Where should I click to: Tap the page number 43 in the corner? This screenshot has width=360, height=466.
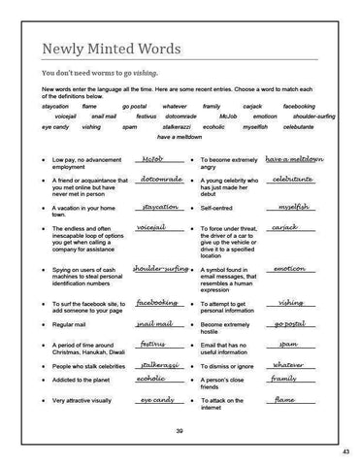pos(345,452)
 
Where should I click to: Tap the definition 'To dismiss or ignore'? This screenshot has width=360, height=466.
pos(233,366)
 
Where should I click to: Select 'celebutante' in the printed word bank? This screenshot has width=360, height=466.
pos(304,126)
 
